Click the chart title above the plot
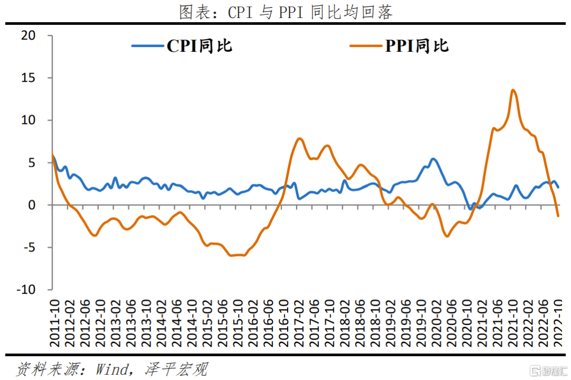click(x=285, y=12)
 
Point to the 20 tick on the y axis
click(x=28, y=35)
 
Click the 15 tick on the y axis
click(x=28, y=78)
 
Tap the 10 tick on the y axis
click(x=28, y=120)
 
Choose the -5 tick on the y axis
click(x=28, y=247)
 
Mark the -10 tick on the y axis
click(x=26, y=289)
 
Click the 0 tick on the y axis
click(x=32, y=205)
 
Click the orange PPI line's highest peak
click(x=513, y=91)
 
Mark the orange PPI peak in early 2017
click(x=300, y=139)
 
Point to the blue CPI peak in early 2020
click(x=433, y=159)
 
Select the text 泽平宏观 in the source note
click(x=176, y=368)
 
